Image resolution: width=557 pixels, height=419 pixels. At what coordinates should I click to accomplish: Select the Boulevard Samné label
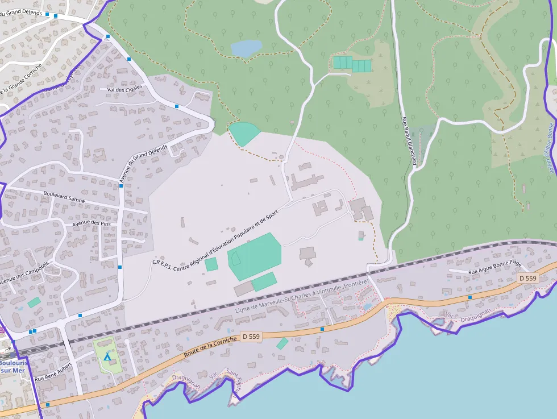tap(64, 197)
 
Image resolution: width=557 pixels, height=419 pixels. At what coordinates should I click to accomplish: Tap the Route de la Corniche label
tap(210, 346)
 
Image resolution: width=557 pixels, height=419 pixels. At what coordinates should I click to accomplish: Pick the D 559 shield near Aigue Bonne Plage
tap(527, 278)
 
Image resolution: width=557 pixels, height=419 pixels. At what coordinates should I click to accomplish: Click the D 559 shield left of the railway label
tap(250, 337)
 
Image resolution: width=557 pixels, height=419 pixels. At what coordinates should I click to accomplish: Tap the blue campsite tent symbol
tap(107, 356)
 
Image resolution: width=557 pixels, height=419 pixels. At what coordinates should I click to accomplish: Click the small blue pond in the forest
tap(246, 48)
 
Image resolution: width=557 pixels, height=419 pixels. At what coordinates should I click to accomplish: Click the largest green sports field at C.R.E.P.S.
tap(255, 256)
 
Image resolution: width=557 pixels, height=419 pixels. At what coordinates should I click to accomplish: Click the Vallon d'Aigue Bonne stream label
tap(550, 148)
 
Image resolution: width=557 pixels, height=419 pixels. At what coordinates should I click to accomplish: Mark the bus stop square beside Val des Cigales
tap(177, 106)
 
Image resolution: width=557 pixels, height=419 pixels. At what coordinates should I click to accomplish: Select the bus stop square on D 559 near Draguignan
tap(469, 297)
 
